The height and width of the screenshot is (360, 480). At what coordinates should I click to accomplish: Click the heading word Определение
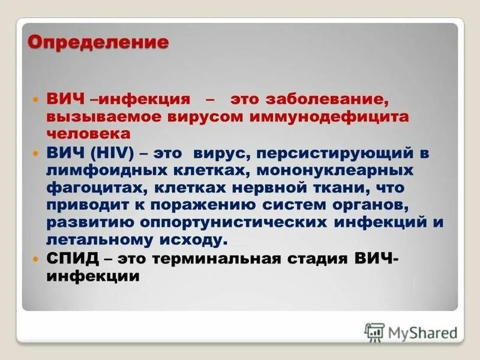(x=98, y=43)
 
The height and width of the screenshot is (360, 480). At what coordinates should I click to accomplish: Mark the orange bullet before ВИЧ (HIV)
(x=35, y=154)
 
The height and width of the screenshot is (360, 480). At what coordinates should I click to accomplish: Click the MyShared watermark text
(x=422, y=332)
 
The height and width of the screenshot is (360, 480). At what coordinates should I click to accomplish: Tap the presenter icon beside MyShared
(x=374, y=332)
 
